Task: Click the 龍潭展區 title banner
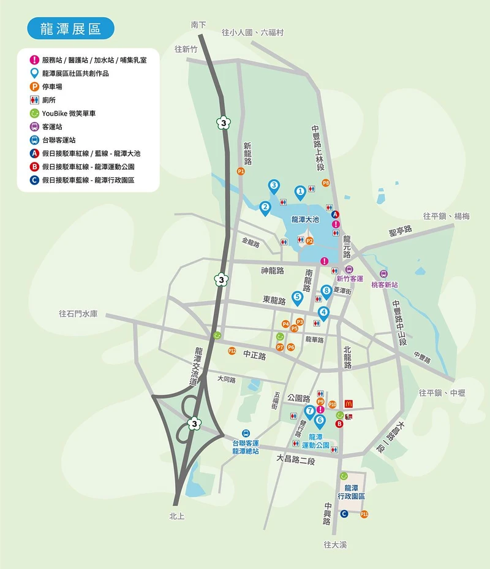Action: pos(70,28)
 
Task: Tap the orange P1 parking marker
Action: pos(241,172)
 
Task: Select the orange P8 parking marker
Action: pos(326,183)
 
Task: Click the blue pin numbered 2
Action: pos(265,208)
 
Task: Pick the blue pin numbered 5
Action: pos(297,298)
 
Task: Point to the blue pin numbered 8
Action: pos(326,291)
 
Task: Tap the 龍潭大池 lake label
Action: pos(305,219)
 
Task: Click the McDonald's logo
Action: pos(348,403)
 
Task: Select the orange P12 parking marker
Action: pos(232,351)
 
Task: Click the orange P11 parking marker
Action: pos(364,514)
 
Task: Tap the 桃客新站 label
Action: pos(384,285)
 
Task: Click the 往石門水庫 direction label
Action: pos(78,313)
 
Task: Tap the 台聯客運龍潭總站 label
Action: pos(246,446)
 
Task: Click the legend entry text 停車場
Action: pos(52,86)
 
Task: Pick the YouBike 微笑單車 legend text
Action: pos(69,113)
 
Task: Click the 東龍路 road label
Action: pos(274,300)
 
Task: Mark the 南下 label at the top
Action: pos(198,25)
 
